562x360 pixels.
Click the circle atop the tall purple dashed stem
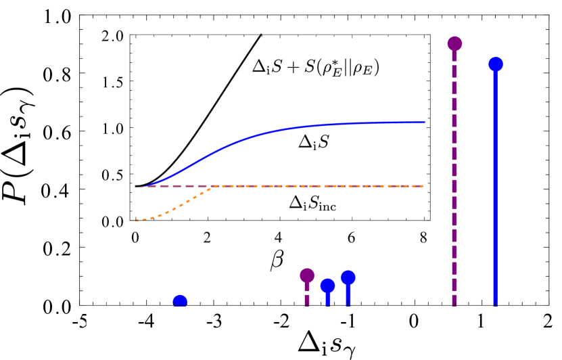click(454, 44)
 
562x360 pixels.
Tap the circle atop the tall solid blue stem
click(496, 64)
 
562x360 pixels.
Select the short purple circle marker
click(307, 275)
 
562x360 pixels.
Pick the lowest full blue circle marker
click(328, 286)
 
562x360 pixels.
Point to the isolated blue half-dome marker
click(180, 301)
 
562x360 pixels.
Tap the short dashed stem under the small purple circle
click(307, 295)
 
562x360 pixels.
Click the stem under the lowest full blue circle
click(328, 299)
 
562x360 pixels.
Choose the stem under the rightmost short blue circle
click(348, 296)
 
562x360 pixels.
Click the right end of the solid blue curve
click(424, 122)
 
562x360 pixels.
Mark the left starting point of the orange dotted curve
click(136, 221)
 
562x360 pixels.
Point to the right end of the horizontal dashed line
click(423, 186)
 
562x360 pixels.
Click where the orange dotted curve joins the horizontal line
click(214, 186)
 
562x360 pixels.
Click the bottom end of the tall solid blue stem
click(496, 305)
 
